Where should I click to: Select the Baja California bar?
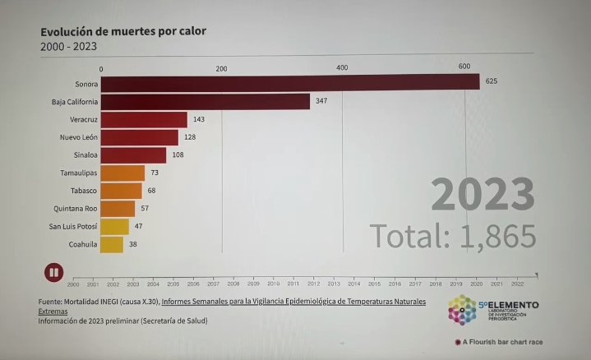click(x=205, y=101)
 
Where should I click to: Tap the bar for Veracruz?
click(x=144, y=120)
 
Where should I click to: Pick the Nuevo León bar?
click(x=140, y=137)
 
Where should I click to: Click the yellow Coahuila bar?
click(x=113, y=244)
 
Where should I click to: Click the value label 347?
click(x=321, y=101)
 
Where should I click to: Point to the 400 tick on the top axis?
click(x=342, y=67)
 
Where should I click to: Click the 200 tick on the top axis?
click(x=221, y=67)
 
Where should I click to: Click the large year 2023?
click(x=483, y=196)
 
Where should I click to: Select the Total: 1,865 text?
click(x=453, y=236)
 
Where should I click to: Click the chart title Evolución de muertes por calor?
click(x=123, y=31)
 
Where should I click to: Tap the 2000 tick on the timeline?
click(x=73, y=284)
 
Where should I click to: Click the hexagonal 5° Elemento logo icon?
click(x=462, y=309)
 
